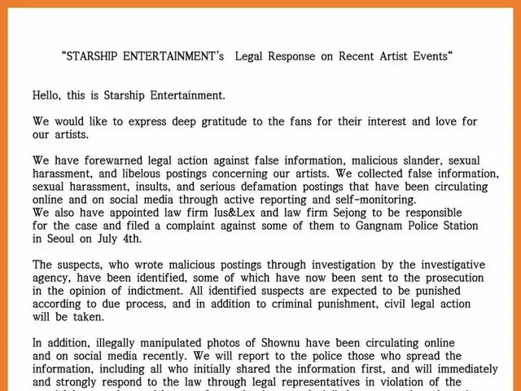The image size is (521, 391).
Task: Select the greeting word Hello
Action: [48, 95]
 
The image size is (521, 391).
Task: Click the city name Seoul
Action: [66, 239]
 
